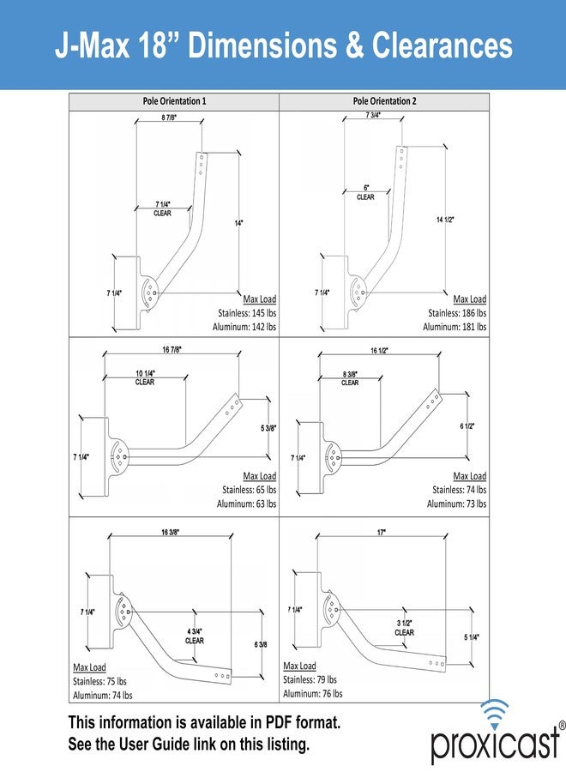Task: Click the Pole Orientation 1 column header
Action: click(x=174, y=101)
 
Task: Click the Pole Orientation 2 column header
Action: click(x=384, y=101)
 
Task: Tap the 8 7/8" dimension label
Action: click(x=169, y=118)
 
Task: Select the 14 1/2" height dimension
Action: click(x=445, y=220)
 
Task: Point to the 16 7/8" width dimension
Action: click(x=172, y=350)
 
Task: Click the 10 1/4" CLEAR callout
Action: click(x=145, y=377)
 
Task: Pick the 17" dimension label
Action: click(x=382, y=532)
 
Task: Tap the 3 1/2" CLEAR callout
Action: click(x=404, y=628)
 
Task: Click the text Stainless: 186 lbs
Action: click(x=457, y=312)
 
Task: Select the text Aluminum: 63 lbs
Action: click(x=246, y=504)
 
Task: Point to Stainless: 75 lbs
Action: click(x=99, y=681)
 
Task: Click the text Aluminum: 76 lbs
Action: click(x=312, y=693)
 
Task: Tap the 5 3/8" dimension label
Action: click(x=268, y=428)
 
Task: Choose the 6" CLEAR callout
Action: click(x=365, y=192)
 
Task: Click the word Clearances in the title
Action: click(x=442, y=45)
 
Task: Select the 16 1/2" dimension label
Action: click(x=379, y=351)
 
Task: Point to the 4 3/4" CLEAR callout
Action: click(x=195, y=636)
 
